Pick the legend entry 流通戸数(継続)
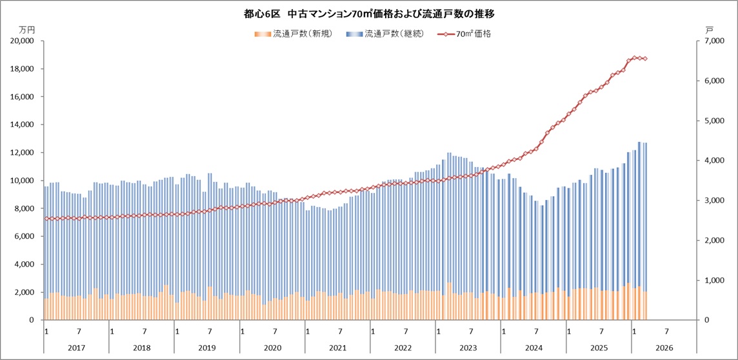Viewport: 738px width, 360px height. (384, 34)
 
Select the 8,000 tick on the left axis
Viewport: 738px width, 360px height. (25, 208)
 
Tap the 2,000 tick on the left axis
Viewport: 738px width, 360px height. (25, 292)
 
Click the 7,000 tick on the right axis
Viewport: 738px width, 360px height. (712, 41)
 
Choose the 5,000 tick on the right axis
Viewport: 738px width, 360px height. (712, 121)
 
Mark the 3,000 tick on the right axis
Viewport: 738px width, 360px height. (712, 201)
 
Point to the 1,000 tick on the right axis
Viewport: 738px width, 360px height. (712, 281)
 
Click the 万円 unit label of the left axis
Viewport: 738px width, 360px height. (27, 30)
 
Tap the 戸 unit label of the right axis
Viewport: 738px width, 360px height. (709, 30)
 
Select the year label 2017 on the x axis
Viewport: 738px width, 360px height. (77, 347)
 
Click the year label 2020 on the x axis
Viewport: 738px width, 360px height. (273, 347)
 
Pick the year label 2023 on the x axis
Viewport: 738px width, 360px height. (468, 347)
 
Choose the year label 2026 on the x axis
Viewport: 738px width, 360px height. (664, 347)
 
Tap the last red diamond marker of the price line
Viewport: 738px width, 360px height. (644, 59)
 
